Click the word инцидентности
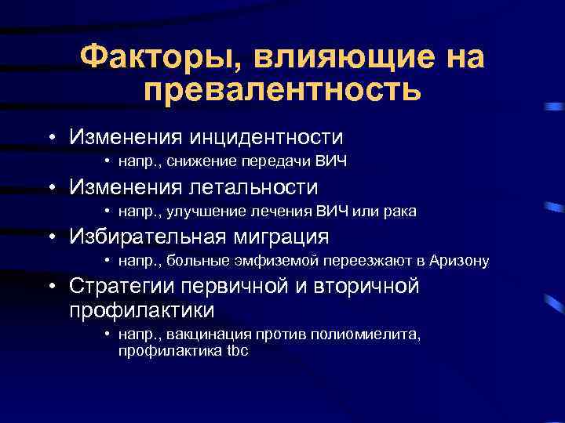point(265,137)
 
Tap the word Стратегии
point(123,287)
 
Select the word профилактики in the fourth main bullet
point(142,310)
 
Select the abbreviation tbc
point(237,351)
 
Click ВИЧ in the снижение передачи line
point(330,162)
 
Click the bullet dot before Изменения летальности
point(50,188)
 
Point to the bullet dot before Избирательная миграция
point(50,237)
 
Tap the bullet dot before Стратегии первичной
point(50,287)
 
